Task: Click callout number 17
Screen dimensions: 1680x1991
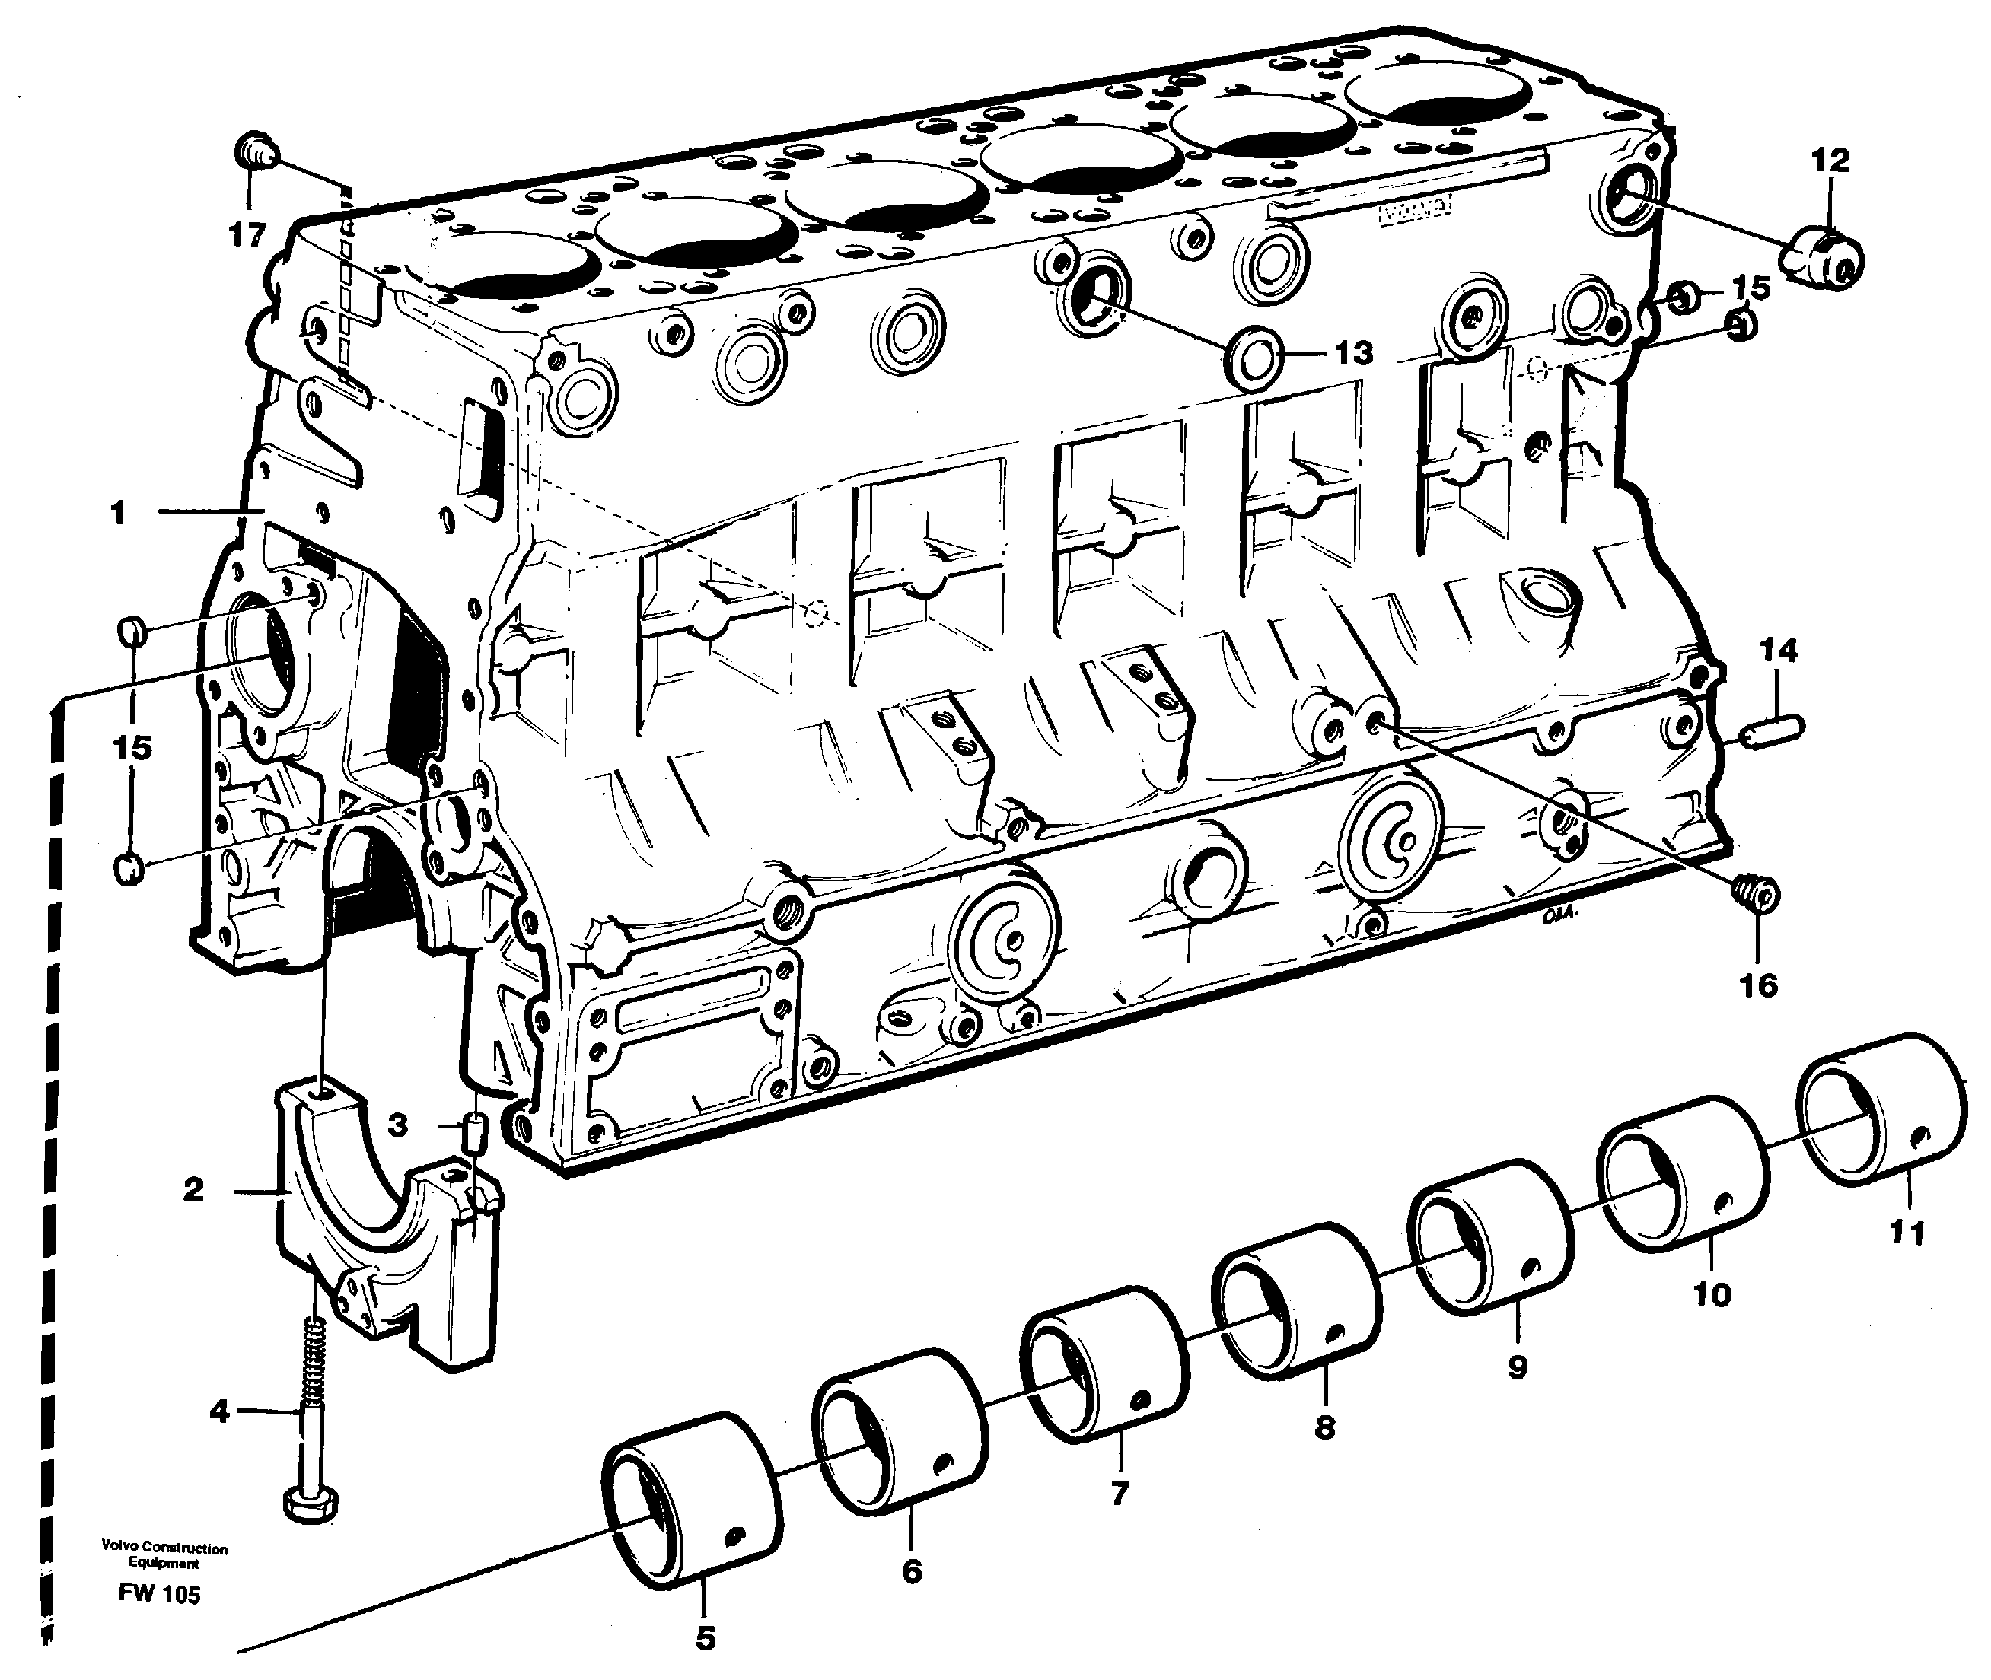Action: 247,234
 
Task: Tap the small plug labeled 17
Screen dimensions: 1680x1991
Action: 254,152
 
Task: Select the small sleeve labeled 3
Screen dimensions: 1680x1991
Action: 474,1134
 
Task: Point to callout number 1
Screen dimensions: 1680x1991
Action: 118,514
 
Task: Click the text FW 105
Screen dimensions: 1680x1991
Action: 159,1594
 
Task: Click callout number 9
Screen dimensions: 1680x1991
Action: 1518,1367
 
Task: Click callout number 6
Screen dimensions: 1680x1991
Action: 912,1570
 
